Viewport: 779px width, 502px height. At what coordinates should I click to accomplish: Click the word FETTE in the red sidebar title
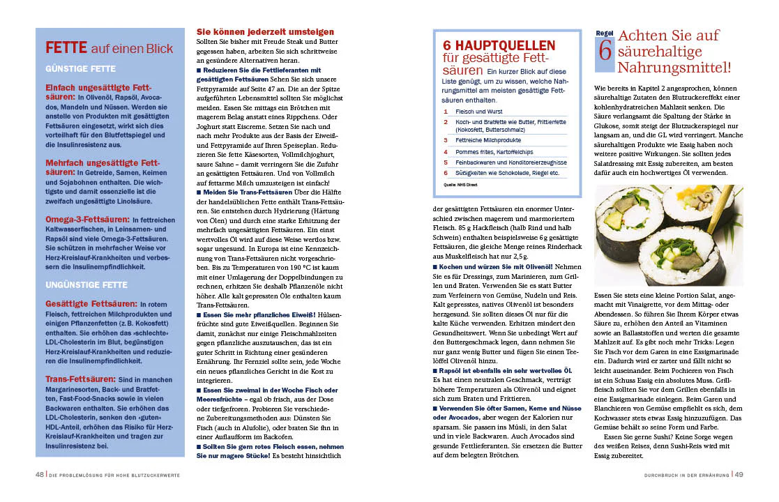[x=66, y=48]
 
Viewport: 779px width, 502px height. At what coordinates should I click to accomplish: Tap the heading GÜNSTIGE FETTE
[x=81, y=69]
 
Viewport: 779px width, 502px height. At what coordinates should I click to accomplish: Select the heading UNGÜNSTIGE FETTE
[x=86, y=284]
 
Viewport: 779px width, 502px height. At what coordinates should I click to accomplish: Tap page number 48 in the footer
[x=40, y=475]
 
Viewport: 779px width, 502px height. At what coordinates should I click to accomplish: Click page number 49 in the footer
[x=739, y=475]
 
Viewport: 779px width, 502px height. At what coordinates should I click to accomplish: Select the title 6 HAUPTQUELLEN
[x=499, y=45]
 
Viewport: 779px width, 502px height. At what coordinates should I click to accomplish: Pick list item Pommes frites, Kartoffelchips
[x=494, y=151]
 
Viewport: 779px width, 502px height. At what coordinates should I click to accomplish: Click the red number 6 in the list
[x=446, y=172]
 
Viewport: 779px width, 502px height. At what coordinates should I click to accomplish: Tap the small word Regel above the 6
[x=604, y=33]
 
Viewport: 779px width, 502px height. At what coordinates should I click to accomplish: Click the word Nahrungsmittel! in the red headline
[x=674, y=68]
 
